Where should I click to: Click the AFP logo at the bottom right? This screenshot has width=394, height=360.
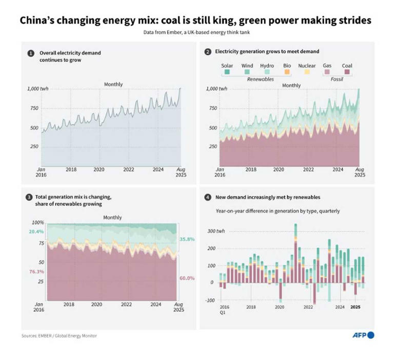[x=363, y=335]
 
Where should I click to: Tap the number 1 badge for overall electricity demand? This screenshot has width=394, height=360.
[x=31, y=53]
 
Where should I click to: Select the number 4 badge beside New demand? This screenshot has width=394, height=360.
[x=207, y=197]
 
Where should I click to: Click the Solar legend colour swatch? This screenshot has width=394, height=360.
[x=227, y=72]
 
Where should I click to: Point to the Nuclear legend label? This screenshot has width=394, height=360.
[x=307, y=66]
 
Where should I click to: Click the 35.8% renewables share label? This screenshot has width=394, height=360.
[x=187, y=239]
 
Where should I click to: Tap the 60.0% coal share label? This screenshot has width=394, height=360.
[x=187, y=278]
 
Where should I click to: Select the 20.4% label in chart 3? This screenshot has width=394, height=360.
[x=37, y=232]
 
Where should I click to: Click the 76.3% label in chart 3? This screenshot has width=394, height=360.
[x=37, y=271]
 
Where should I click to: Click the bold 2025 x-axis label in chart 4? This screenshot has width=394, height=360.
[x=355, y=307]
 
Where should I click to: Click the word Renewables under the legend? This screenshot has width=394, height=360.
[x=260, y=80]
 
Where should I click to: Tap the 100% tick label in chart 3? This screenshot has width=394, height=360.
[x=39, y=223]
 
